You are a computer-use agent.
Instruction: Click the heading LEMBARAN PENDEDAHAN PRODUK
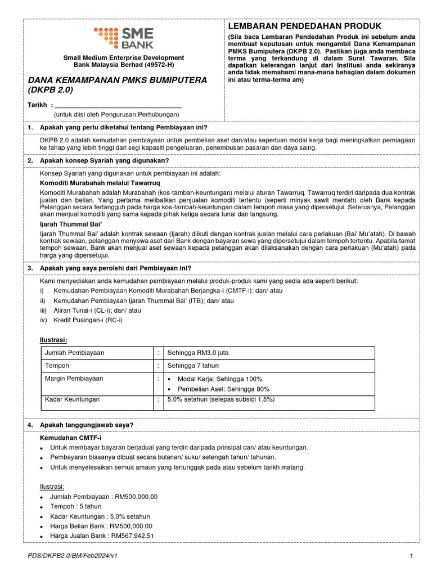click(x=304, y=26)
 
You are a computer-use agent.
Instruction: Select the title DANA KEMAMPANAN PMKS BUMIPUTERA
click(x=118, y=80)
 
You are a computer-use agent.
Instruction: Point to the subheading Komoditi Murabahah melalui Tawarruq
click(x=100, y=183)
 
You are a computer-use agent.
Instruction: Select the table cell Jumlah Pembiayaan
click(x=74, y=353)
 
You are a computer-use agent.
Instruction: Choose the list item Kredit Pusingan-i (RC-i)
click(x=87, y=320)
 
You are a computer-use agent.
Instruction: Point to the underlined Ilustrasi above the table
click(x=53, y=340)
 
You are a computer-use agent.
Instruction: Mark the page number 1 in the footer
click(x=412, y=556)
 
